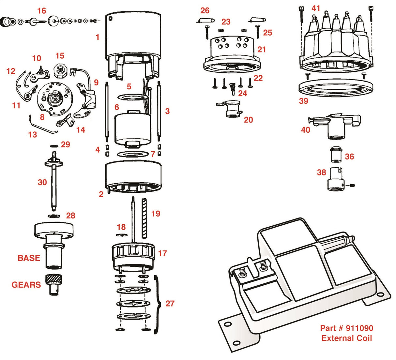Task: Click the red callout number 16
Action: point(41,11)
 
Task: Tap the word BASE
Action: point(29,258)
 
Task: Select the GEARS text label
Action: point(26,285)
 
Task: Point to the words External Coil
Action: point(346,338)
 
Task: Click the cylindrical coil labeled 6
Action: point(132,129)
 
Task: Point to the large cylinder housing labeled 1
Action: point(133,36)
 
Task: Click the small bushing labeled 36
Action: point(335,154)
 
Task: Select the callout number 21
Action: point(262,50)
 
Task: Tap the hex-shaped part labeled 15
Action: point(60,69)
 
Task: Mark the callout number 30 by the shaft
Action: point(42,182)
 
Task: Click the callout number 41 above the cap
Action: point(316,8)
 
